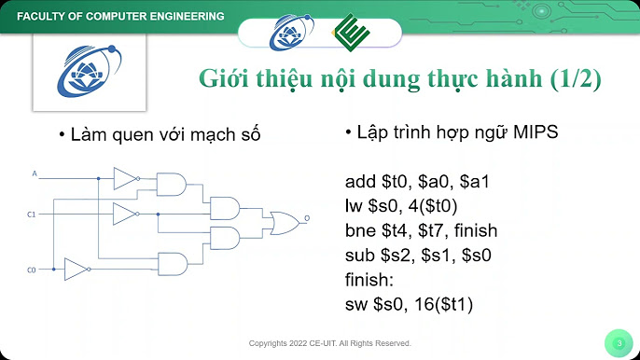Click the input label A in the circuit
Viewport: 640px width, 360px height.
35,173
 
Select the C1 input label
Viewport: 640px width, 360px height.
31,215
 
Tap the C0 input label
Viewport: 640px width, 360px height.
31,270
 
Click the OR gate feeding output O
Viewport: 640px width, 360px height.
280,221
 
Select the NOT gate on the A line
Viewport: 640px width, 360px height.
124,177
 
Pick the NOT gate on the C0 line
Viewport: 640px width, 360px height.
76,270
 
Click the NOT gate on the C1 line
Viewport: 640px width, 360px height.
124,215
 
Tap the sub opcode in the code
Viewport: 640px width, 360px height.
358,254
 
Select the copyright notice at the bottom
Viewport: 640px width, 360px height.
329,343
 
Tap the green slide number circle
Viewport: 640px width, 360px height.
619,342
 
